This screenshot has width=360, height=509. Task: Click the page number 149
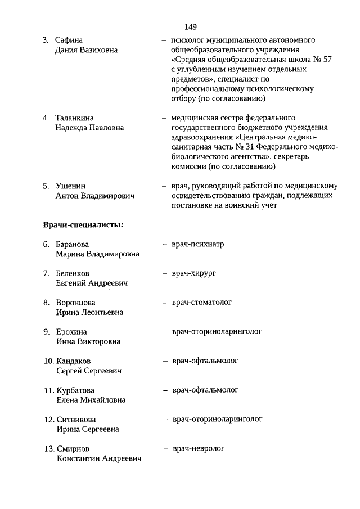pyautogui.click(x=190, y=26)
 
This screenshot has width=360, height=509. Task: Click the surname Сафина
pyautogui.click(x=69, y=40)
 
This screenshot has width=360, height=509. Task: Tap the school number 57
pyautogui.click(x=308, y=60)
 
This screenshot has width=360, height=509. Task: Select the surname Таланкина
pyautogui.click(x=74, y=118)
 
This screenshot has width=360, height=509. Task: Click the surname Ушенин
pyautogui.click(x=71, y=186)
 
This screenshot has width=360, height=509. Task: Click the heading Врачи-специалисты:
pyautogui.click(x=83, y=226)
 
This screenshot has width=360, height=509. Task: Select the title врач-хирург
pyautogui.click(x=194, y=273)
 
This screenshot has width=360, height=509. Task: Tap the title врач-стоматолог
pyautogui.click(x=202, y=303)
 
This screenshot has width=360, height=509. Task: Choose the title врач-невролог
pyautogui.click(x=198, y=449)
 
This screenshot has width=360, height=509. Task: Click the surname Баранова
pyautogui.click(x=73, y=244)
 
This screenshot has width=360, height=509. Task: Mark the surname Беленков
pyautogui.click(x=73, y=273)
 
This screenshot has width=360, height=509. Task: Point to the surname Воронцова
pyautogui.click(x=75, y=303)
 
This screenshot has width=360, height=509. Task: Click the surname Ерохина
pyautogui.click(x=71, y=332)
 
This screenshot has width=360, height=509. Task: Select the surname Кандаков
pyautogui.click(x=74, y=361)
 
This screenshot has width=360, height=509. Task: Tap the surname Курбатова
pyautogui.click(x=75, y=390)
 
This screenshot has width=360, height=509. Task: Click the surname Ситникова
pyautogui.click(x=76, y=420)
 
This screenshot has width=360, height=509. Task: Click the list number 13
pyautogui.click(x=48, y=449)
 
